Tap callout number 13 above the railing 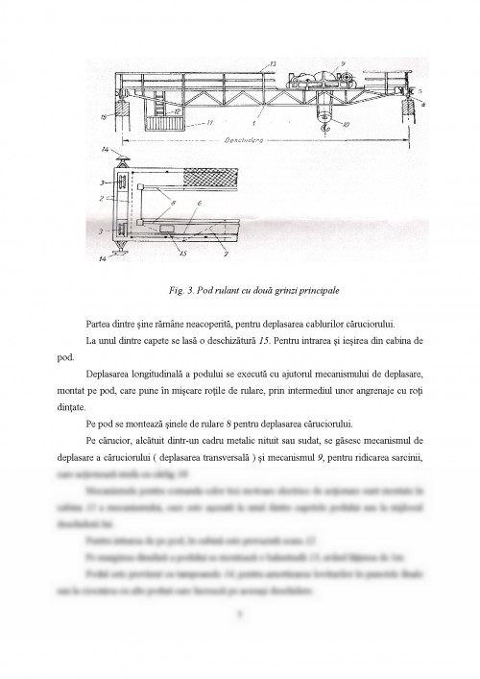coord(274,62)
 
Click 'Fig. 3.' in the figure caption coord(181,290)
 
